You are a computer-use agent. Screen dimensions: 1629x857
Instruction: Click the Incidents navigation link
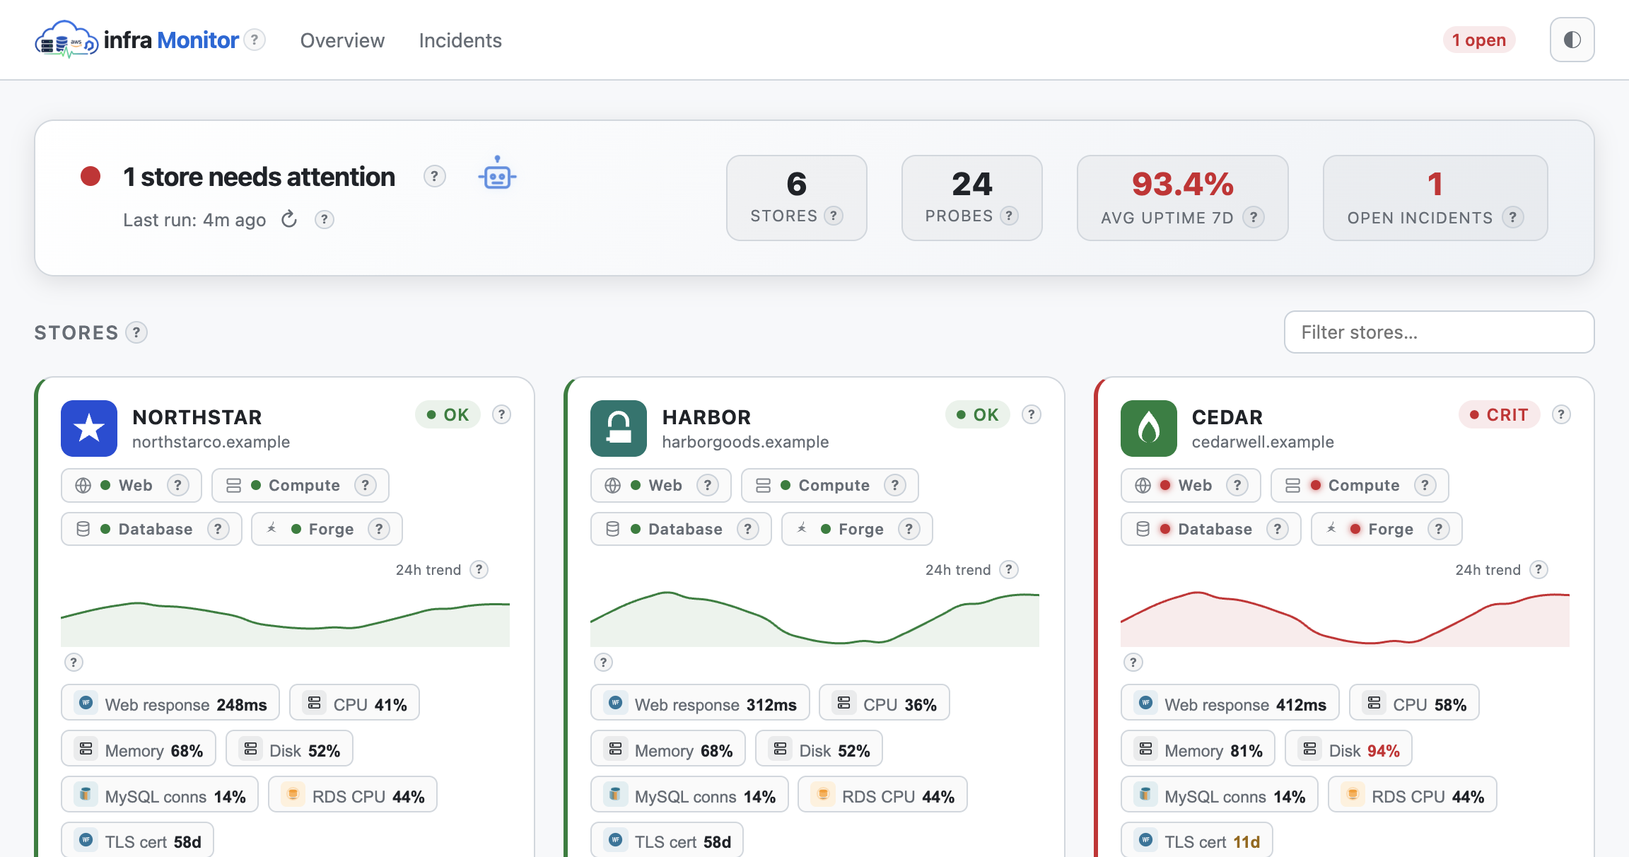(x=460, y=40)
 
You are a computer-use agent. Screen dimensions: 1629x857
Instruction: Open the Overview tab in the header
(x=342, y=40)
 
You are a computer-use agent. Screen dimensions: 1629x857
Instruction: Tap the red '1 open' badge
(x=1479, y=40)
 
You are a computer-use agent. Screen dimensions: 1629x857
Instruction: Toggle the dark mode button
(x=1572, y=40)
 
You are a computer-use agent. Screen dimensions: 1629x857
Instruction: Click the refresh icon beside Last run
(x=289, y=219)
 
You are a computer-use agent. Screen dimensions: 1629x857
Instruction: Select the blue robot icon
(x=497, y=173)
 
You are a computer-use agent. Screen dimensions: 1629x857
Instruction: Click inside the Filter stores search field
(x=1439, y=332)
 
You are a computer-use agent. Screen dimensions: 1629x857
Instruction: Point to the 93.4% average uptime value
(x=1182, y=184)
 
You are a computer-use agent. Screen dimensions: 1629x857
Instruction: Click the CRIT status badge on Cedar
(x=1499, y=415)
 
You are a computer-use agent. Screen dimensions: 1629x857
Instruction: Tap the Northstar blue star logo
(x=89, y=428)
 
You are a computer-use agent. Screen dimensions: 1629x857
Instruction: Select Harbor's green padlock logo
(x=619, y=428)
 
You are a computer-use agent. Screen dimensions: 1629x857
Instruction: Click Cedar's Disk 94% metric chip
(x=1348, y=750)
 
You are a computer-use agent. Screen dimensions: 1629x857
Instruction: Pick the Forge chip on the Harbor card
(x=857, y=529)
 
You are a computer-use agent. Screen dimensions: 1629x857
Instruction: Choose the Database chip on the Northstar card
(x=151, y=529)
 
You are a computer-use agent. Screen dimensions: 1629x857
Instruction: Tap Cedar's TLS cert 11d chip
(x=1196, y=841)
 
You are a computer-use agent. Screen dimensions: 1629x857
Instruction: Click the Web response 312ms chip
(x=700, y=704)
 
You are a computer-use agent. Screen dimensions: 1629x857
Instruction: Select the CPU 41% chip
(x=354, y=704)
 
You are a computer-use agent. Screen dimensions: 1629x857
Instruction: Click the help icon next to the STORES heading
(x=136, y=332)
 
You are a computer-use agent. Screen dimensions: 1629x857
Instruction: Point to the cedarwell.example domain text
(x=1263, y=442)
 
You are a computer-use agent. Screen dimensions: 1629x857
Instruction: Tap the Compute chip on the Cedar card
(x=1360, y=485)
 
